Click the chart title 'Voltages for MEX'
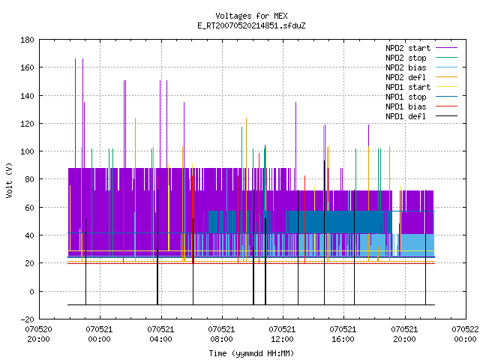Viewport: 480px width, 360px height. tap(251, 16)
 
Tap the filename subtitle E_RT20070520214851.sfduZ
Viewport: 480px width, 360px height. tap(251, 25)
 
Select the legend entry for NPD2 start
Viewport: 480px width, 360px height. tap(421, 48)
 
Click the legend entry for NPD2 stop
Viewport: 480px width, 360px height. tap(421, 58)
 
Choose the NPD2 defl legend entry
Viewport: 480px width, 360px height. tap(421, 77)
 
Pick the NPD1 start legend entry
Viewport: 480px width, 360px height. tap(421, 87)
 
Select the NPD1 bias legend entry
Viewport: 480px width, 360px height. tap(421, 106)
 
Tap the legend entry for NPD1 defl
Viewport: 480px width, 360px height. tap(421, 117)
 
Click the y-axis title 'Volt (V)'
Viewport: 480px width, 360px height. tap(10, 180)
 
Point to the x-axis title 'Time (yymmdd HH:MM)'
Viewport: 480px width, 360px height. tap(251, 353)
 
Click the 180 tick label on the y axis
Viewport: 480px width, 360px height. tap(27, 40)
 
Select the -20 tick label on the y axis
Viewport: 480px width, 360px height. tap(27, 319)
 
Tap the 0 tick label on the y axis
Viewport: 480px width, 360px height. tap(31, 292)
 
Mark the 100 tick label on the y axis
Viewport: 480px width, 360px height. tap(27, 151)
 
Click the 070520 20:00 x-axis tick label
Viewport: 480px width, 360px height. tap(38, 334)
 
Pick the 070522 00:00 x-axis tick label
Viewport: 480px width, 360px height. tap(465, 334)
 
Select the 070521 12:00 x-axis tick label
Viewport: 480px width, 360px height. tap(282, 334)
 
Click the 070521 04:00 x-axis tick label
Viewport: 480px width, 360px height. tap(160, 334)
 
